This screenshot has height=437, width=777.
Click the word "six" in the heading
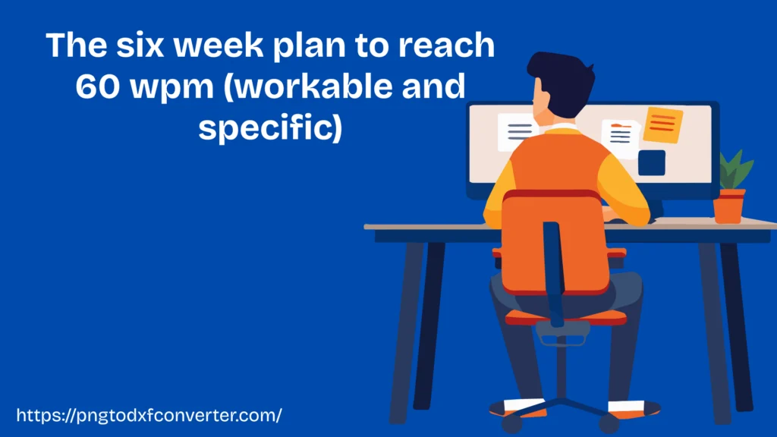[141, 45]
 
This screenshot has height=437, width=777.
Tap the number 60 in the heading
[98, 86]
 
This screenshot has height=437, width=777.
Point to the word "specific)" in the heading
[271, 127]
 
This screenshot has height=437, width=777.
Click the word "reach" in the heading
[446, 45]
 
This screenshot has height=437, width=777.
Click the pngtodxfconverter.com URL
[149, 415]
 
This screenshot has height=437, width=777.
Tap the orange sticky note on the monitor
[662, 124]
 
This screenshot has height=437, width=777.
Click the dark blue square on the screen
[652, 162]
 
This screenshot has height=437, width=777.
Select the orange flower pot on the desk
[729, 206]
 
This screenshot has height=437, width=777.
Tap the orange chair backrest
[555, 242]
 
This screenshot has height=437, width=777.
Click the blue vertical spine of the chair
[553, 273]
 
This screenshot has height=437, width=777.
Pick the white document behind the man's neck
[516, 132]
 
